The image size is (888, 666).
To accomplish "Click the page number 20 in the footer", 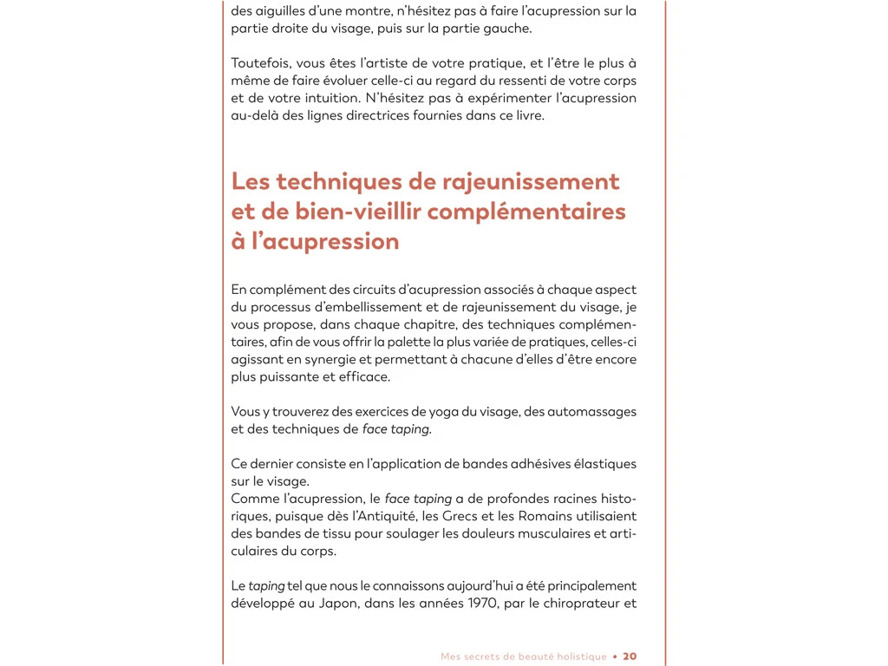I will [x=630, y=656].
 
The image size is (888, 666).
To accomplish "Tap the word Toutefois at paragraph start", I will [x=260, y=63].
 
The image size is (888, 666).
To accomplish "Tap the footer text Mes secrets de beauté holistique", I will [x=524, y=656].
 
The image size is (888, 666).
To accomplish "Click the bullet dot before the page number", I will [x=615, y=656].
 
